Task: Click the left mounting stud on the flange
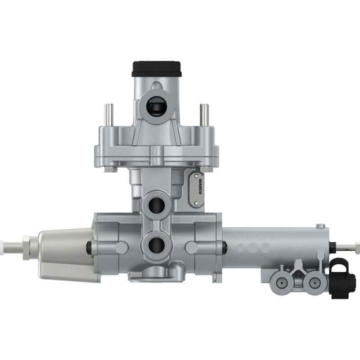point(108,116)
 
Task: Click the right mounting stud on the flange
point(204,116)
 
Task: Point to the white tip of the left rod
point(9,247)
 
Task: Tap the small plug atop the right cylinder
point(320,226)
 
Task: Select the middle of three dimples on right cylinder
point(252,247)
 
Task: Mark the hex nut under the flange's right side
point(206,169)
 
